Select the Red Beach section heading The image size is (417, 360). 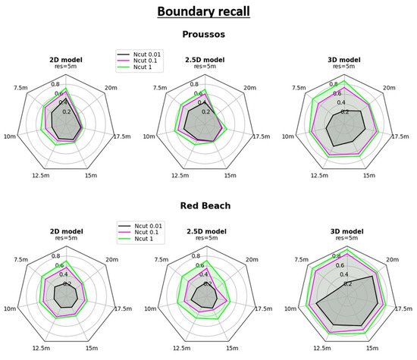click(x=208, y=205)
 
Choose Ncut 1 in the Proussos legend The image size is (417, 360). click(x=141, y=69)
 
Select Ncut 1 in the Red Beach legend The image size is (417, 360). click(x=141, y=241)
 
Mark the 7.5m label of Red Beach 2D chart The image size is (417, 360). click(x=20, y=259)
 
